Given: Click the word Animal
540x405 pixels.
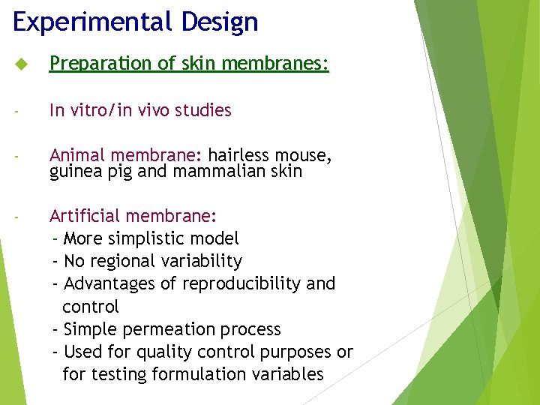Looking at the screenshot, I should (x=77, y=155).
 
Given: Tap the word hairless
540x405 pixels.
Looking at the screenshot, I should (x=238, y=155).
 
